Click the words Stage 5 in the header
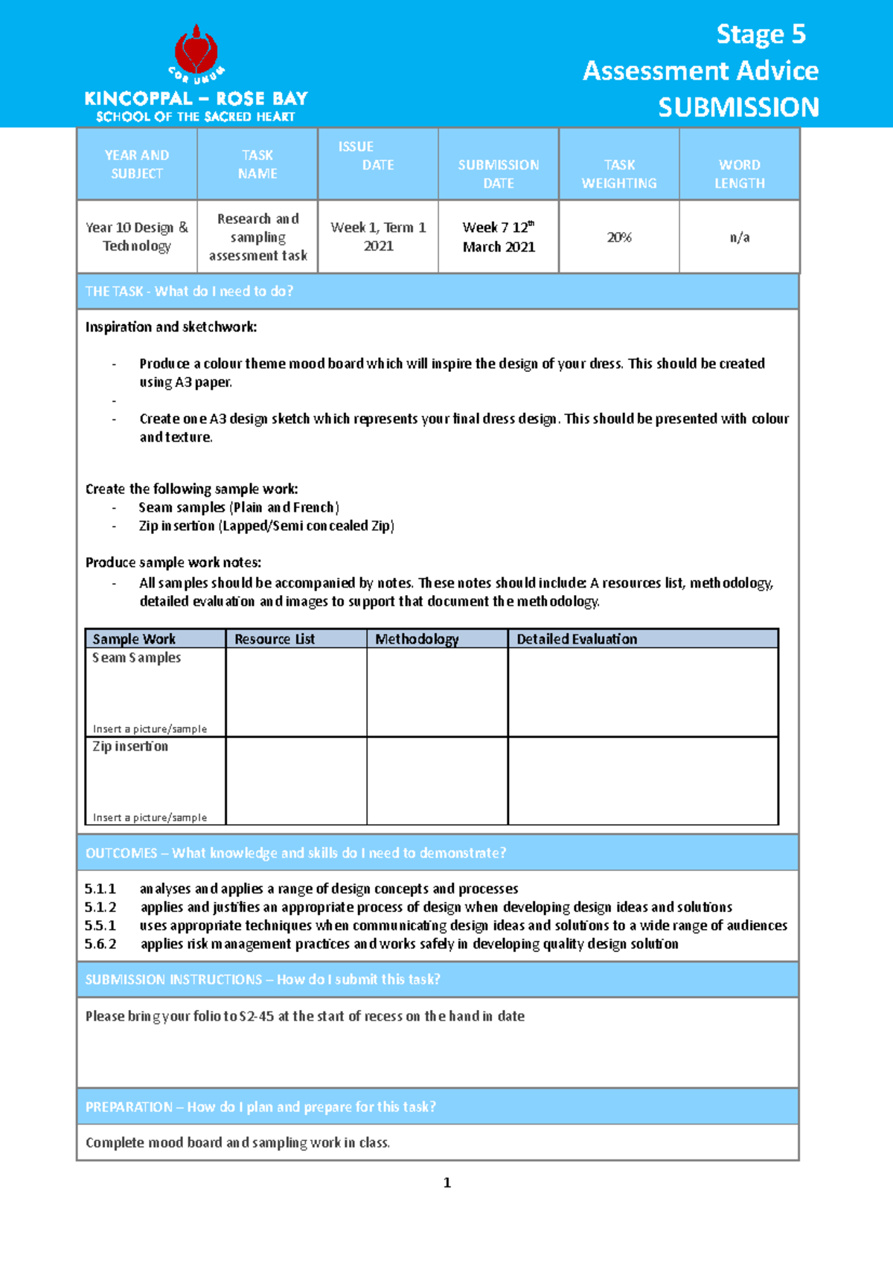(760, 34)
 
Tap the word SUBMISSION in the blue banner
(737, 108)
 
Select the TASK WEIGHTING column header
(618, 173)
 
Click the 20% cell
(618, 237)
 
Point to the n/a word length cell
(739, 237)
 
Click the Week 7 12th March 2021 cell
(499, 237)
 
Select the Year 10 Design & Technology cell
(137, 237)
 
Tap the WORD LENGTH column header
(739, 173)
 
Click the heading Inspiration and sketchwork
(171, 327)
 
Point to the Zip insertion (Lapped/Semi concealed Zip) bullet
(266, 526)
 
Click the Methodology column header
(417, 639)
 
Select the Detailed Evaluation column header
(577, 639)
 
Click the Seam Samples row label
(136, 658)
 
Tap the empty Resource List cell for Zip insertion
(295, 781)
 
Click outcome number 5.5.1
(100, 925)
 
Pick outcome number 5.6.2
(100, 944)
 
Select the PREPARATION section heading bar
(438, 1107)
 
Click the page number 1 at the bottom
(446, 1183)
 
